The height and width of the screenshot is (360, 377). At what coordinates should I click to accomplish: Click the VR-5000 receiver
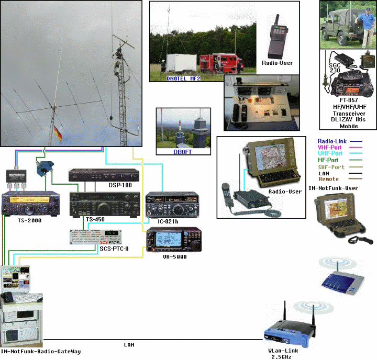[173, 242]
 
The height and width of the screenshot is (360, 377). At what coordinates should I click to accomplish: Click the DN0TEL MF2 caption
[175, 78]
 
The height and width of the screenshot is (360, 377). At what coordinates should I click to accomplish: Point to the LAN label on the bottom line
[129, 345]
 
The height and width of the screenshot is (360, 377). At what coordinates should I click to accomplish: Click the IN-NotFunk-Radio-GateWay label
[41, 352]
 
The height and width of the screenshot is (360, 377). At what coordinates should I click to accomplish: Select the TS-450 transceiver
[105, 204]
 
